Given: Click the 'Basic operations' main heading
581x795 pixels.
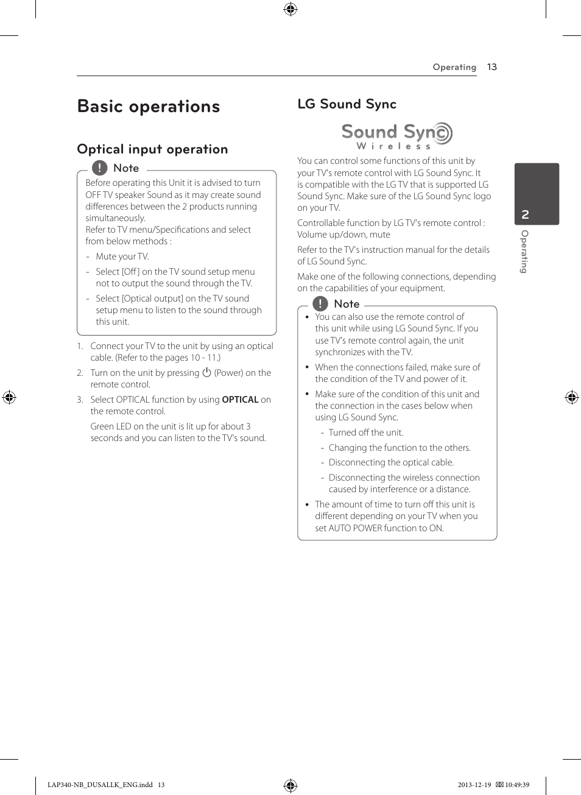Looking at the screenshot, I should pos(149,107).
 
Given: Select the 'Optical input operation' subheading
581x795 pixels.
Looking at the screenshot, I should pos(152,149).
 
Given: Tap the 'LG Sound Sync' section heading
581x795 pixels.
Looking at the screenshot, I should pos(347,104).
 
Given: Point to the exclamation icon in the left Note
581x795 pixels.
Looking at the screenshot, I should pos(99,168).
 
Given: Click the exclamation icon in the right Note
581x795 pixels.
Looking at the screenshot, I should pos(320,303).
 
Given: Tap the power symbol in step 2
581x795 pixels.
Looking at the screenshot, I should pos(206,372).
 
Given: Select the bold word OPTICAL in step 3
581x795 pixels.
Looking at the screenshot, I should pos(240,400).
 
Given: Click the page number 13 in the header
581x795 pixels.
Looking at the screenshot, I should pos(492,67).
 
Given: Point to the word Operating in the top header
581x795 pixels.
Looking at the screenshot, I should pos(454,67).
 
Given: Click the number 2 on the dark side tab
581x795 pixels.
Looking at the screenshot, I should pos(525,214).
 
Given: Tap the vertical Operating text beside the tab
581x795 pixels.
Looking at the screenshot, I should pos(524,252).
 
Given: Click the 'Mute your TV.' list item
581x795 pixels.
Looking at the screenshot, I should pos(122,256).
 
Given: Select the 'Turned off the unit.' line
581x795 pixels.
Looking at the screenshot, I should pos(365,433).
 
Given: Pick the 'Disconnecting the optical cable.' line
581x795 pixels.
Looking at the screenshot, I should pos(391,462).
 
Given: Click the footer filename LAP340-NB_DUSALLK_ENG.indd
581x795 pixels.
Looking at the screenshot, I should pos(100,785).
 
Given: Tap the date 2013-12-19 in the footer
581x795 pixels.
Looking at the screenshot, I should pos(474,785).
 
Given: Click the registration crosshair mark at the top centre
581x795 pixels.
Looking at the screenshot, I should pos(290,9).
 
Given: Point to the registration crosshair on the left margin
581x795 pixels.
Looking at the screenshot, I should pos(9,398).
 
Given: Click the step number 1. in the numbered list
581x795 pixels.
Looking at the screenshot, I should pos(80,346).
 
